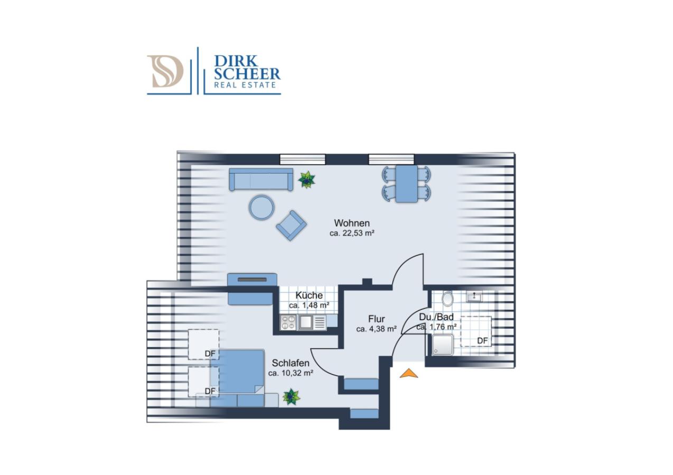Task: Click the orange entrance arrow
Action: (x=409, y=373)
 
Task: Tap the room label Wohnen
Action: (x=352, y=223)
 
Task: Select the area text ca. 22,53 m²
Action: (x=352, y=233)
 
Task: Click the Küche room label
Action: (x=309, y=296)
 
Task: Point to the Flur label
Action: (x=377, y=319)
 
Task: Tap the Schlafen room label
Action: (x=291, y=363)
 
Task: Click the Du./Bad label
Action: (x=436, y=317)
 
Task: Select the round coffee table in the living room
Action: (x=261, y=207)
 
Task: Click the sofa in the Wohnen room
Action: (x=261, y=179)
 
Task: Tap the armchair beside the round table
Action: (x=291, y=225)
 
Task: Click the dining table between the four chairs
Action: (x=407, y=184)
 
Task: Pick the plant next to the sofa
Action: (x=306, y=179)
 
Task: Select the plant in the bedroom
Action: (x=291, y=397)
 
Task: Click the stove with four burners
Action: (x=288, y=322)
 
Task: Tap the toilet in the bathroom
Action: (x=447, y=298)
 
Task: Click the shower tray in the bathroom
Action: (x=443, y=345)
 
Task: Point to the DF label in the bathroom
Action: (x=482, y=341)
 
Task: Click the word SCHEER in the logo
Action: (x=247, y=74)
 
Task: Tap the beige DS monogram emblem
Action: (x=165, y=71)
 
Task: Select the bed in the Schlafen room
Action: (x=237, y=372)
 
